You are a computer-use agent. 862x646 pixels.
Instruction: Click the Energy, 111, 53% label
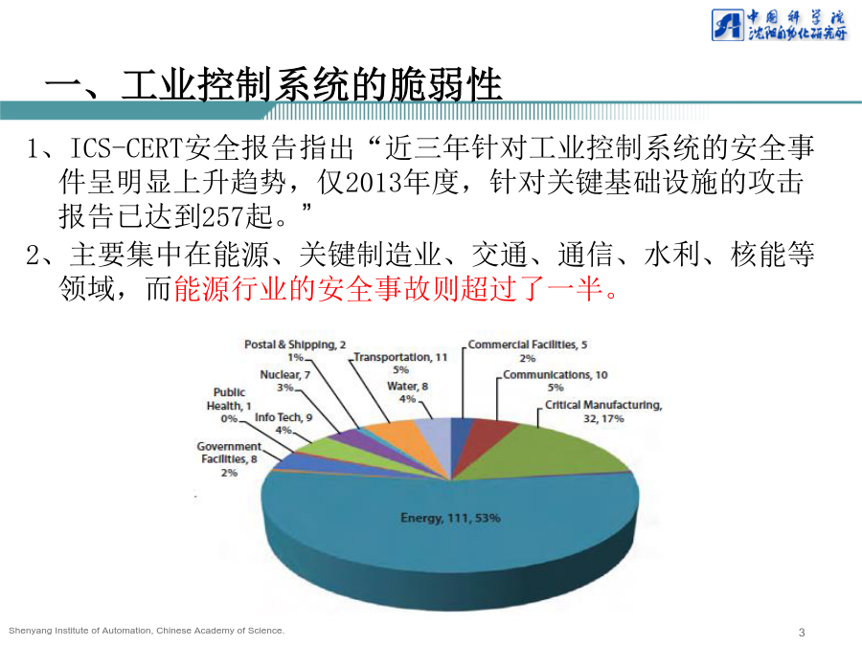coord(450,518)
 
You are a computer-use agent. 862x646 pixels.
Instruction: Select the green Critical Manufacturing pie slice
coord(538,451)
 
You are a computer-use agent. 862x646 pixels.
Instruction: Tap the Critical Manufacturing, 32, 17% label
coord(603,412)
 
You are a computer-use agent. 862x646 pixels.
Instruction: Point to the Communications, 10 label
coord(556,374)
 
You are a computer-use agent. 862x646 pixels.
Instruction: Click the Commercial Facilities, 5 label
coord(527,345)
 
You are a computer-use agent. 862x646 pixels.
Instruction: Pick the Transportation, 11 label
coord(400,357)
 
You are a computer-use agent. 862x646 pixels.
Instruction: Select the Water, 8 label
coord(407,387)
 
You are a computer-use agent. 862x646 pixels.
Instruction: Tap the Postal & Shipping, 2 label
coord(295,345)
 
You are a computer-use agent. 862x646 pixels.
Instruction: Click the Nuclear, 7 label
coord(284,374)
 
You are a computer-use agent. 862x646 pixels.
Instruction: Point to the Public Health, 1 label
coord(229,399)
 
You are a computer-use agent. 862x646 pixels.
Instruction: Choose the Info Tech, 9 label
coord(284,417)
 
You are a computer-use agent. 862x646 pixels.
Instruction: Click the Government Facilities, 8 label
coord(229,453)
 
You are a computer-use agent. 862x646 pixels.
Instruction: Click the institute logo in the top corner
coord(780,25)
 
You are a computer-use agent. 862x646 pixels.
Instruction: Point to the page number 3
coord(802,633)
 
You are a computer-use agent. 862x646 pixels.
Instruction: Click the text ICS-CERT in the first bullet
coord(125,147)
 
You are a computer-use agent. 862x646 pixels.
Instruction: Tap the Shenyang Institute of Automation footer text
coord(147,631)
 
